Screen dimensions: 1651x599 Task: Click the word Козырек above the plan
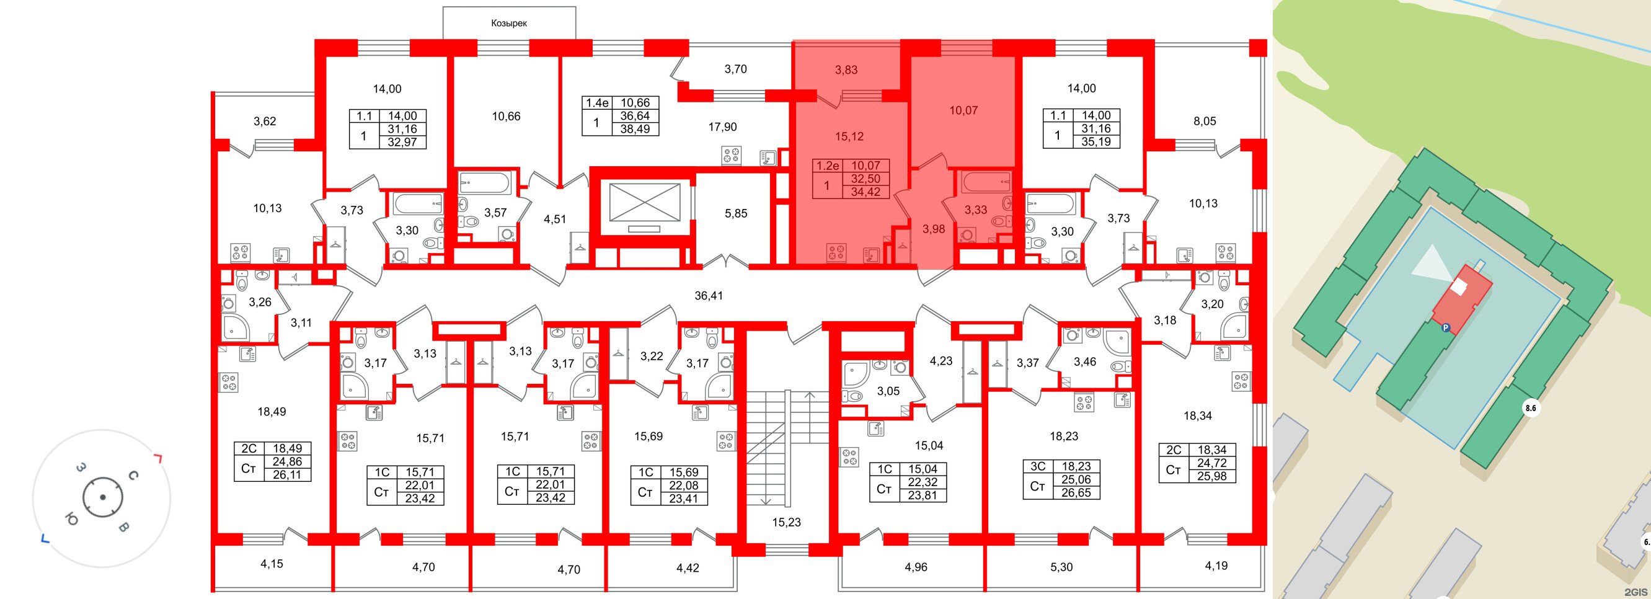click(509, 23)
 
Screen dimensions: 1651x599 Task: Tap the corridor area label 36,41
click(708, 296)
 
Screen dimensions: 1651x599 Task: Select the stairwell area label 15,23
click(786, 522)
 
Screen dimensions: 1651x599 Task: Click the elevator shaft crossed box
click(644, 202)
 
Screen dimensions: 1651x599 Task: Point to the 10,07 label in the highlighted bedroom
click(963, 110)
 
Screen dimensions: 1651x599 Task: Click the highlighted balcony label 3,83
click(846, 70)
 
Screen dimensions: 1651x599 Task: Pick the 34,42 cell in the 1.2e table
click(865, 192)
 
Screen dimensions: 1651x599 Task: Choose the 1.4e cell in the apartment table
click(596, 102)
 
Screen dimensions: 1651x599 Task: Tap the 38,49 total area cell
click(634, 129)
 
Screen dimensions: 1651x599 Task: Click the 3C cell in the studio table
click(1038, 466)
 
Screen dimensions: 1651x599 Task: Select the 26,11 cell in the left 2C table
click(287, 474)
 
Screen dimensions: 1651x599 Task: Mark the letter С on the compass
click(133, 475)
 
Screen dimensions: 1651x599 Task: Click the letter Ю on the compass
click(71, 519)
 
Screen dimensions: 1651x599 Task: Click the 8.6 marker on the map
click(1531, 408)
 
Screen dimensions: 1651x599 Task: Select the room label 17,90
click(722, 127)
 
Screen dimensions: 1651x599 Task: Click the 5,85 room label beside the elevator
click(736, 213)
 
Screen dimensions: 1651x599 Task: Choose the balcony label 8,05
click(1204, 121)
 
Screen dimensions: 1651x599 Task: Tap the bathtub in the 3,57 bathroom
click(485, 182)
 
